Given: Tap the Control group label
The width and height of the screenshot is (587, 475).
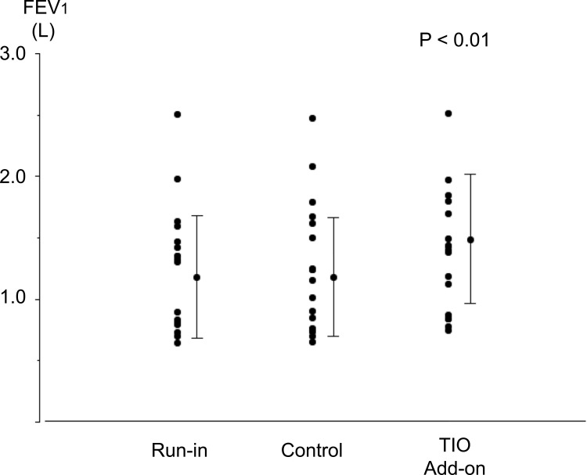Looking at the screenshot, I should (x=312, y=452).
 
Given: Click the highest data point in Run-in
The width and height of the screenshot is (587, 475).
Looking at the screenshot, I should (x=177, y=114).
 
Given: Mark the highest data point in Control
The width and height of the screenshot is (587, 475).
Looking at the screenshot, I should (x=312, y=118).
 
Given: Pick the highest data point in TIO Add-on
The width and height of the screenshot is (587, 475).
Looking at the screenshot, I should (x=448, y=113).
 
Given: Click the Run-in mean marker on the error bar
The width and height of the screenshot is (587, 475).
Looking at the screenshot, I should (x=197, y=277).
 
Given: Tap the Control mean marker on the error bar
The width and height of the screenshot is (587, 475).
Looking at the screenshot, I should (x=333, y=277).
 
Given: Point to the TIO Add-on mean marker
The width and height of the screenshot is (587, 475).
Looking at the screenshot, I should (x=470, y=239).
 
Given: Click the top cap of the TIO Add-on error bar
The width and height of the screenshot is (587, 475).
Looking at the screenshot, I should (x=470, y=175).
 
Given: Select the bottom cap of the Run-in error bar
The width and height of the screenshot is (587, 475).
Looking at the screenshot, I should (x=197, y=338).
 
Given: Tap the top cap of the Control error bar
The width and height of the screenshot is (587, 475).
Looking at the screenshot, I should (x=333, y=218).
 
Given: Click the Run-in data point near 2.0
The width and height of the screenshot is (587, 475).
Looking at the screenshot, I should (x=177, y=179).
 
